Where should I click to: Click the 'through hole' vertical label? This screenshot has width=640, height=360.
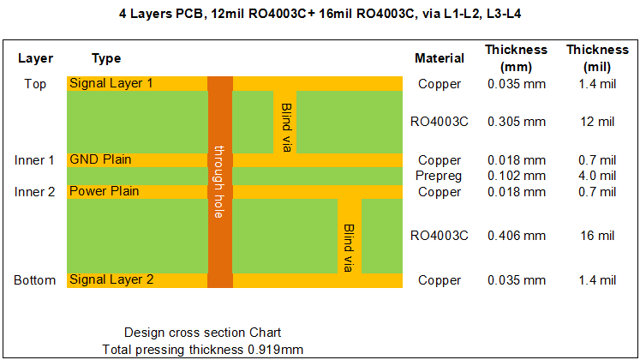point(219,182)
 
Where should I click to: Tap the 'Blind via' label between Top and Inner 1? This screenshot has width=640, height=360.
point(286,128)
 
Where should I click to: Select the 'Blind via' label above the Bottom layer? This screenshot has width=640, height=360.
point(348,248)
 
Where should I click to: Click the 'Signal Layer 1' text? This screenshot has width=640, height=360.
point(111,83)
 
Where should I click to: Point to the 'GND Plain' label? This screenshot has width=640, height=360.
point(100,159)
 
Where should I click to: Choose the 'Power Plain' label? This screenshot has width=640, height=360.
point(104,191)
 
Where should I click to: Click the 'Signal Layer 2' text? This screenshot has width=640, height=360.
point(111,279)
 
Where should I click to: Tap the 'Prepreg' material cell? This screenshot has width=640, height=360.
point(439,176)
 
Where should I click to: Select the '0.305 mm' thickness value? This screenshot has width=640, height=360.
point(517,122)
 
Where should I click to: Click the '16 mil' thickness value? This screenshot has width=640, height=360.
point(597,236)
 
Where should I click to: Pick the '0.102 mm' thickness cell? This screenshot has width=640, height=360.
point(517,176)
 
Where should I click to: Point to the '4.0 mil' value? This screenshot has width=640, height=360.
point(597,176)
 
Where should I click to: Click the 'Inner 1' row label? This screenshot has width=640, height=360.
point(34,160)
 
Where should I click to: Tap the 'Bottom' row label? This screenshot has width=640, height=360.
point(34,280)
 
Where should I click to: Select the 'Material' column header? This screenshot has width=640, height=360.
point(440,58)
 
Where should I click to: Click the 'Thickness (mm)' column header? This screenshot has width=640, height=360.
point(516,58)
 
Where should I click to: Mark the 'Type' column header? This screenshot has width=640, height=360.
point(106,58)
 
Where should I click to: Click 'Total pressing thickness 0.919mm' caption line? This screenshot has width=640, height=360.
point(202,350)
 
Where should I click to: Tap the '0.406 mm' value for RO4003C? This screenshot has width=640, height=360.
point(517,236)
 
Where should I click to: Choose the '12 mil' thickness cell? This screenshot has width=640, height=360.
point(597,122)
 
